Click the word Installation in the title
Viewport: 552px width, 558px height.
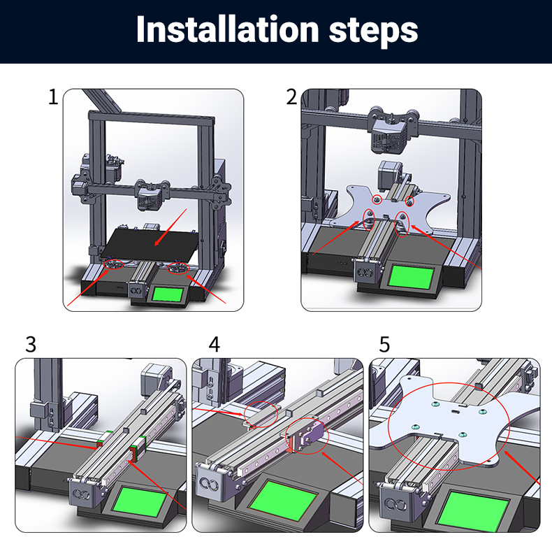[227, 29]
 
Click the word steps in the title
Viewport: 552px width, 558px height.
[373, 32]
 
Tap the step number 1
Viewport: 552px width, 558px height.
[53, 96]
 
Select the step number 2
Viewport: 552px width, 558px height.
[291, 96]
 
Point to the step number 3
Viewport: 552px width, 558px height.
[31, 345]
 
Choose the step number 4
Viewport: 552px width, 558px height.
[214, 345]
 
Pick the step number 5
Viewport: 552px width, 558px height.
[384, 345]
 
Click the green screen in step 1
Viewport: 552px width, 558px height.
[168, 295]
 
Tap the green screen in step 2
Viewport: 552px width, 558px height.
[412, 277]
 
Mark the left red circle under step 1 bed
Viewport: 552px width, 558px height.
[113, 264]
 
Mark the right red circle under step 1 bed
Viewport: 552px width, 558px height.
[179, 269]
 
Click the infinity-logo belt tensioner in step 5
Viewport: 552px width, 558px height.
[395, 502]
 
